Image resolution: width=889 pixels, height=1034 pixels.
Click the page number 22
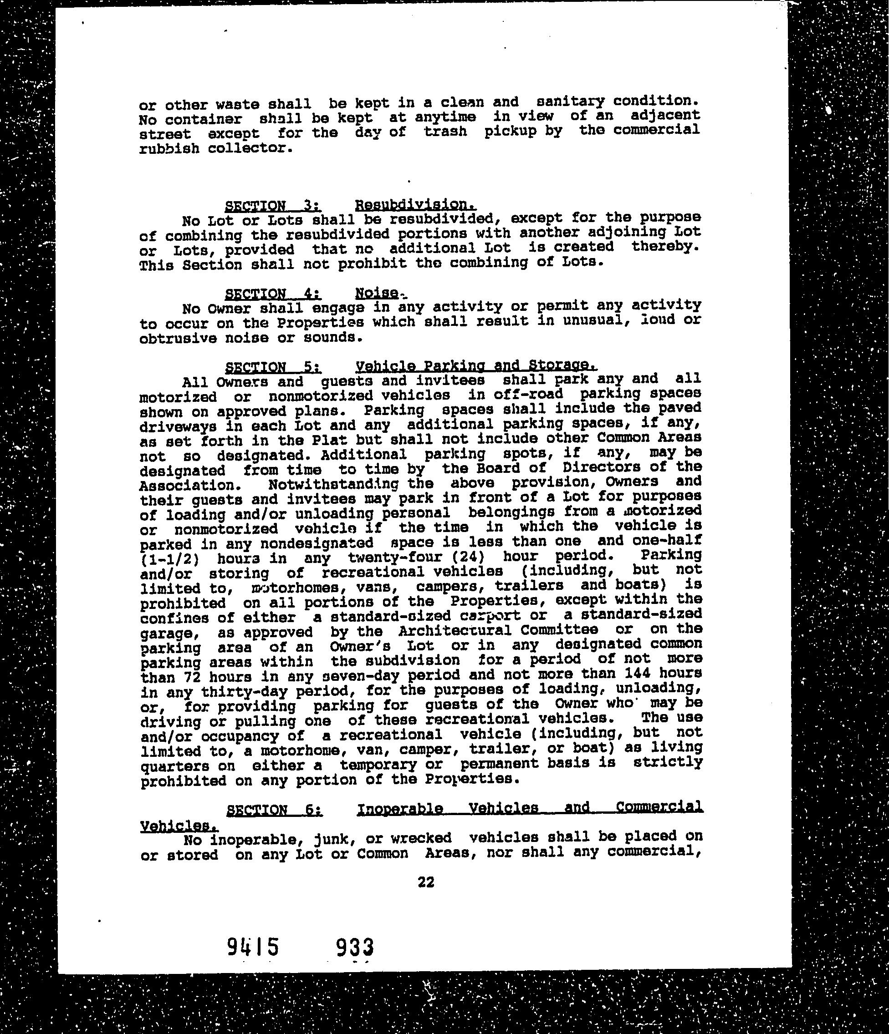click(426, 882)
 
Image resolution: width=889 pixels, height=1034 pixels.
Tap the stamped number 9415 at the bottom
click(252, 947)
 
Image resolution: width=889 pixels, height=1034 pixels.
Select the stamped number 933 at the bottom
click(355, 947)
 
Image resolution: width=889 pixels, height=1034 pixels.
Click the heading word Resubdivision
click(415, 205)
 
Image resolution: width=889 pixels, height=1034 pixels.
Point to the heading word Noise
click(377, 293)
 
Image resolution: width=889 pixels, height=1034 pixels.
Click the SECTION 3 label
click(273, 206)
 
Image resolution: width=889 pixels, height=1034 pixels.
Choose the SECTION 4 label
click(273, 293)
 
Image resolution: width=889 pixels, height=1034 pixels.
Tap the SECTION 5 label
click(273, 367)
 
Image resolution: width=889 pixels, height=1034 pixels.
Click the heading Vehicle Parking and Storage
click(470, 366)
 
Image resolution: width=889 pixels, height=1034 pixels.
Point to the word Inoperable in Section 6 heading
click(400, 808)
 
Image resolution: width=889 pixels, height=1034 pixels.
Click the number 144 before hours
click(637, 674)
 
